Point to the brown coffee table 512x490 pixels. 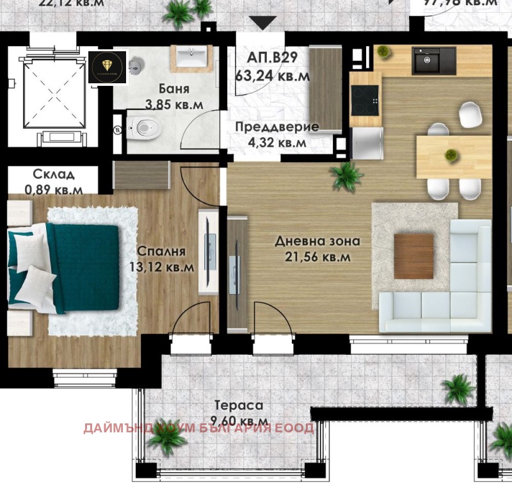(x=413, y=256)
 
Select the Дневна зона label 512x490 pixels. (x=317, y=241)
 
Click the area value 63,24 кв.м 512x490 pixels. (x=273, y=76)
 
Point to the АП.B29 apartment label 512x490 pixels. (x=272, y=58)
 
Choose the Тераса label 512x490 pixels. (x=239, y=405)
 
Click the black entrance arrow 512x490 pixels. (x=262, y=22)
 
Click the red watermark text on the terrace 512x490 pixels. (x=198, y=428)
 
